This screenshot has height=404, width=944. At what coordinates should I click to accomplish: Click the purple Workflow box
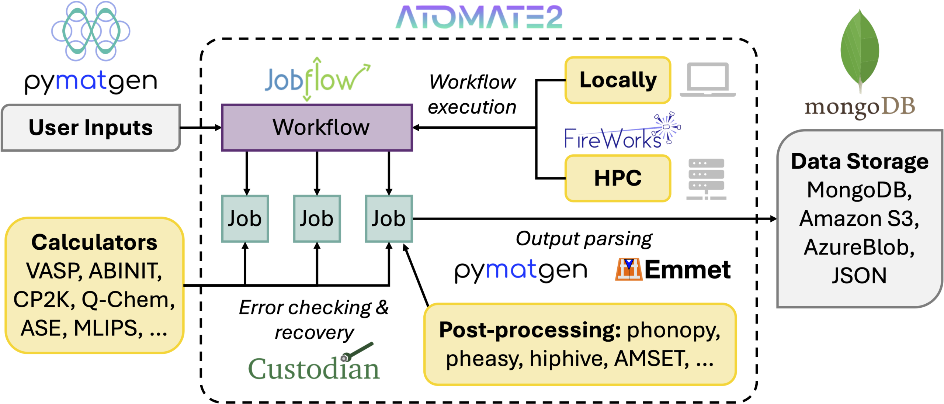317,128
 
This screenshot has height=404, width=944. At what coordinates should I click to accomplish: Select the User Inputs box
91,128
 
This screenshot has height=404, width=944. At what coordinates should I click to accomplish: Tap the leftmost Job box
245,218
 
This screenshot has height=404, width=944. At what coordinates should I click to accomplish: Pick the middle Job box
317,218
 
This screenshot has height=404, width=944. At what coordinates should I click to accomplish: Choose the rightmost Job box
389,218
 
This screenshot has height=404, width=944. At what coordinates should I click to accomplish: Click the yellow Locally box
618,80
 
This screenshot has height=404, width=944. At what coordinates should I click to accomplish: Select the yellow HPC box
618,178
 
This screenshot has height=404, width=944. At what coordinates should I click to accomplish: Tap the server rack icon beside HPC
706,179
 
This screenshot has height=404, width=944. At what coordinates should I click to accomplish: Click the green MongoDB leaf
860,50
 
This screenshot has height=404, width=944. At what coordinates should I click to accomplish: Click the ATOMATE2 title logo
479,17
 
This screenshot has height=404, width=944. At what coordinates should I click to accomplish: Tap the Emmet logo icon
628,269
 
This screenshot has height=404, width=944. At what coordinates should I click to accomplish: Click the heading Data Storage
860,162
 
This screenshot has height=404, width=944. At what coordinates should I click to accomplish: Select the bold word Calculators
94,242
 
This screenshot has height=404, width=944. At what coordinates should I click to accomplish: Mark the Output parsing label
584,239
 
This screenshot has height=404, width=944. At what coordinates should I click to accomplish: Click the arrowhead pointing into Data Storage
773,219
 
